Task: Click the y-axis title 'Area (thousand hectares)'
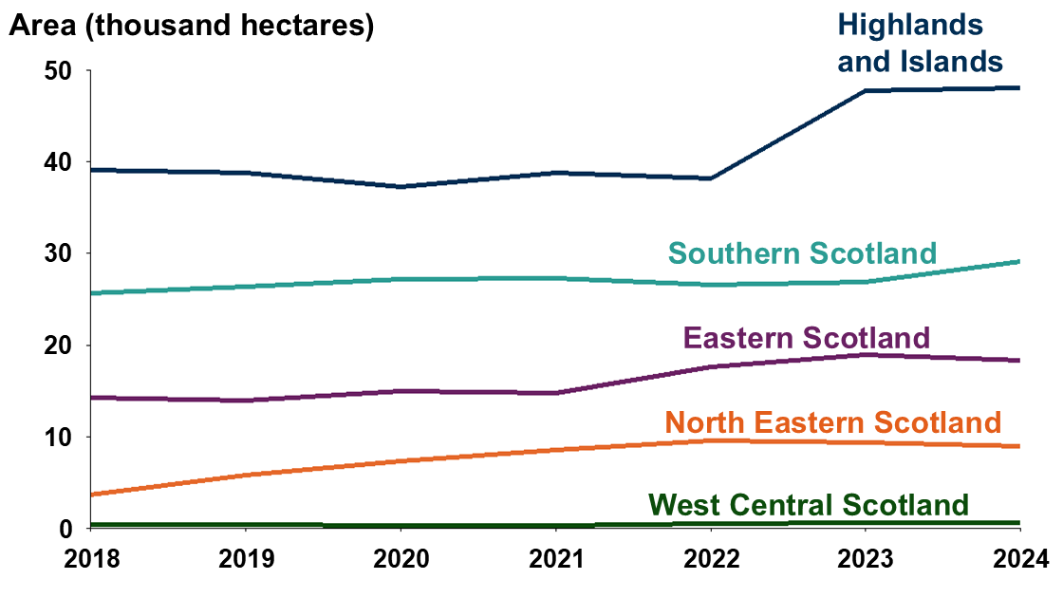point(191,27)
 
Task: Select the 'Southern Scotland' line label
point(802,253)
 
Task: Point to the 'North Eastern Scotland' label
point(833,421)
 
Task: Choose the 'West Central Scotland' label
point(809,504)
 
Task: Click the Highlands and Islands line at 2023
point(865,90)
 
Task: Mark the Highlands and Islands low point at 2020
point(400,186)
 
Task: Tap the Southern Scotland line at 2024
point(1018,261)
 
